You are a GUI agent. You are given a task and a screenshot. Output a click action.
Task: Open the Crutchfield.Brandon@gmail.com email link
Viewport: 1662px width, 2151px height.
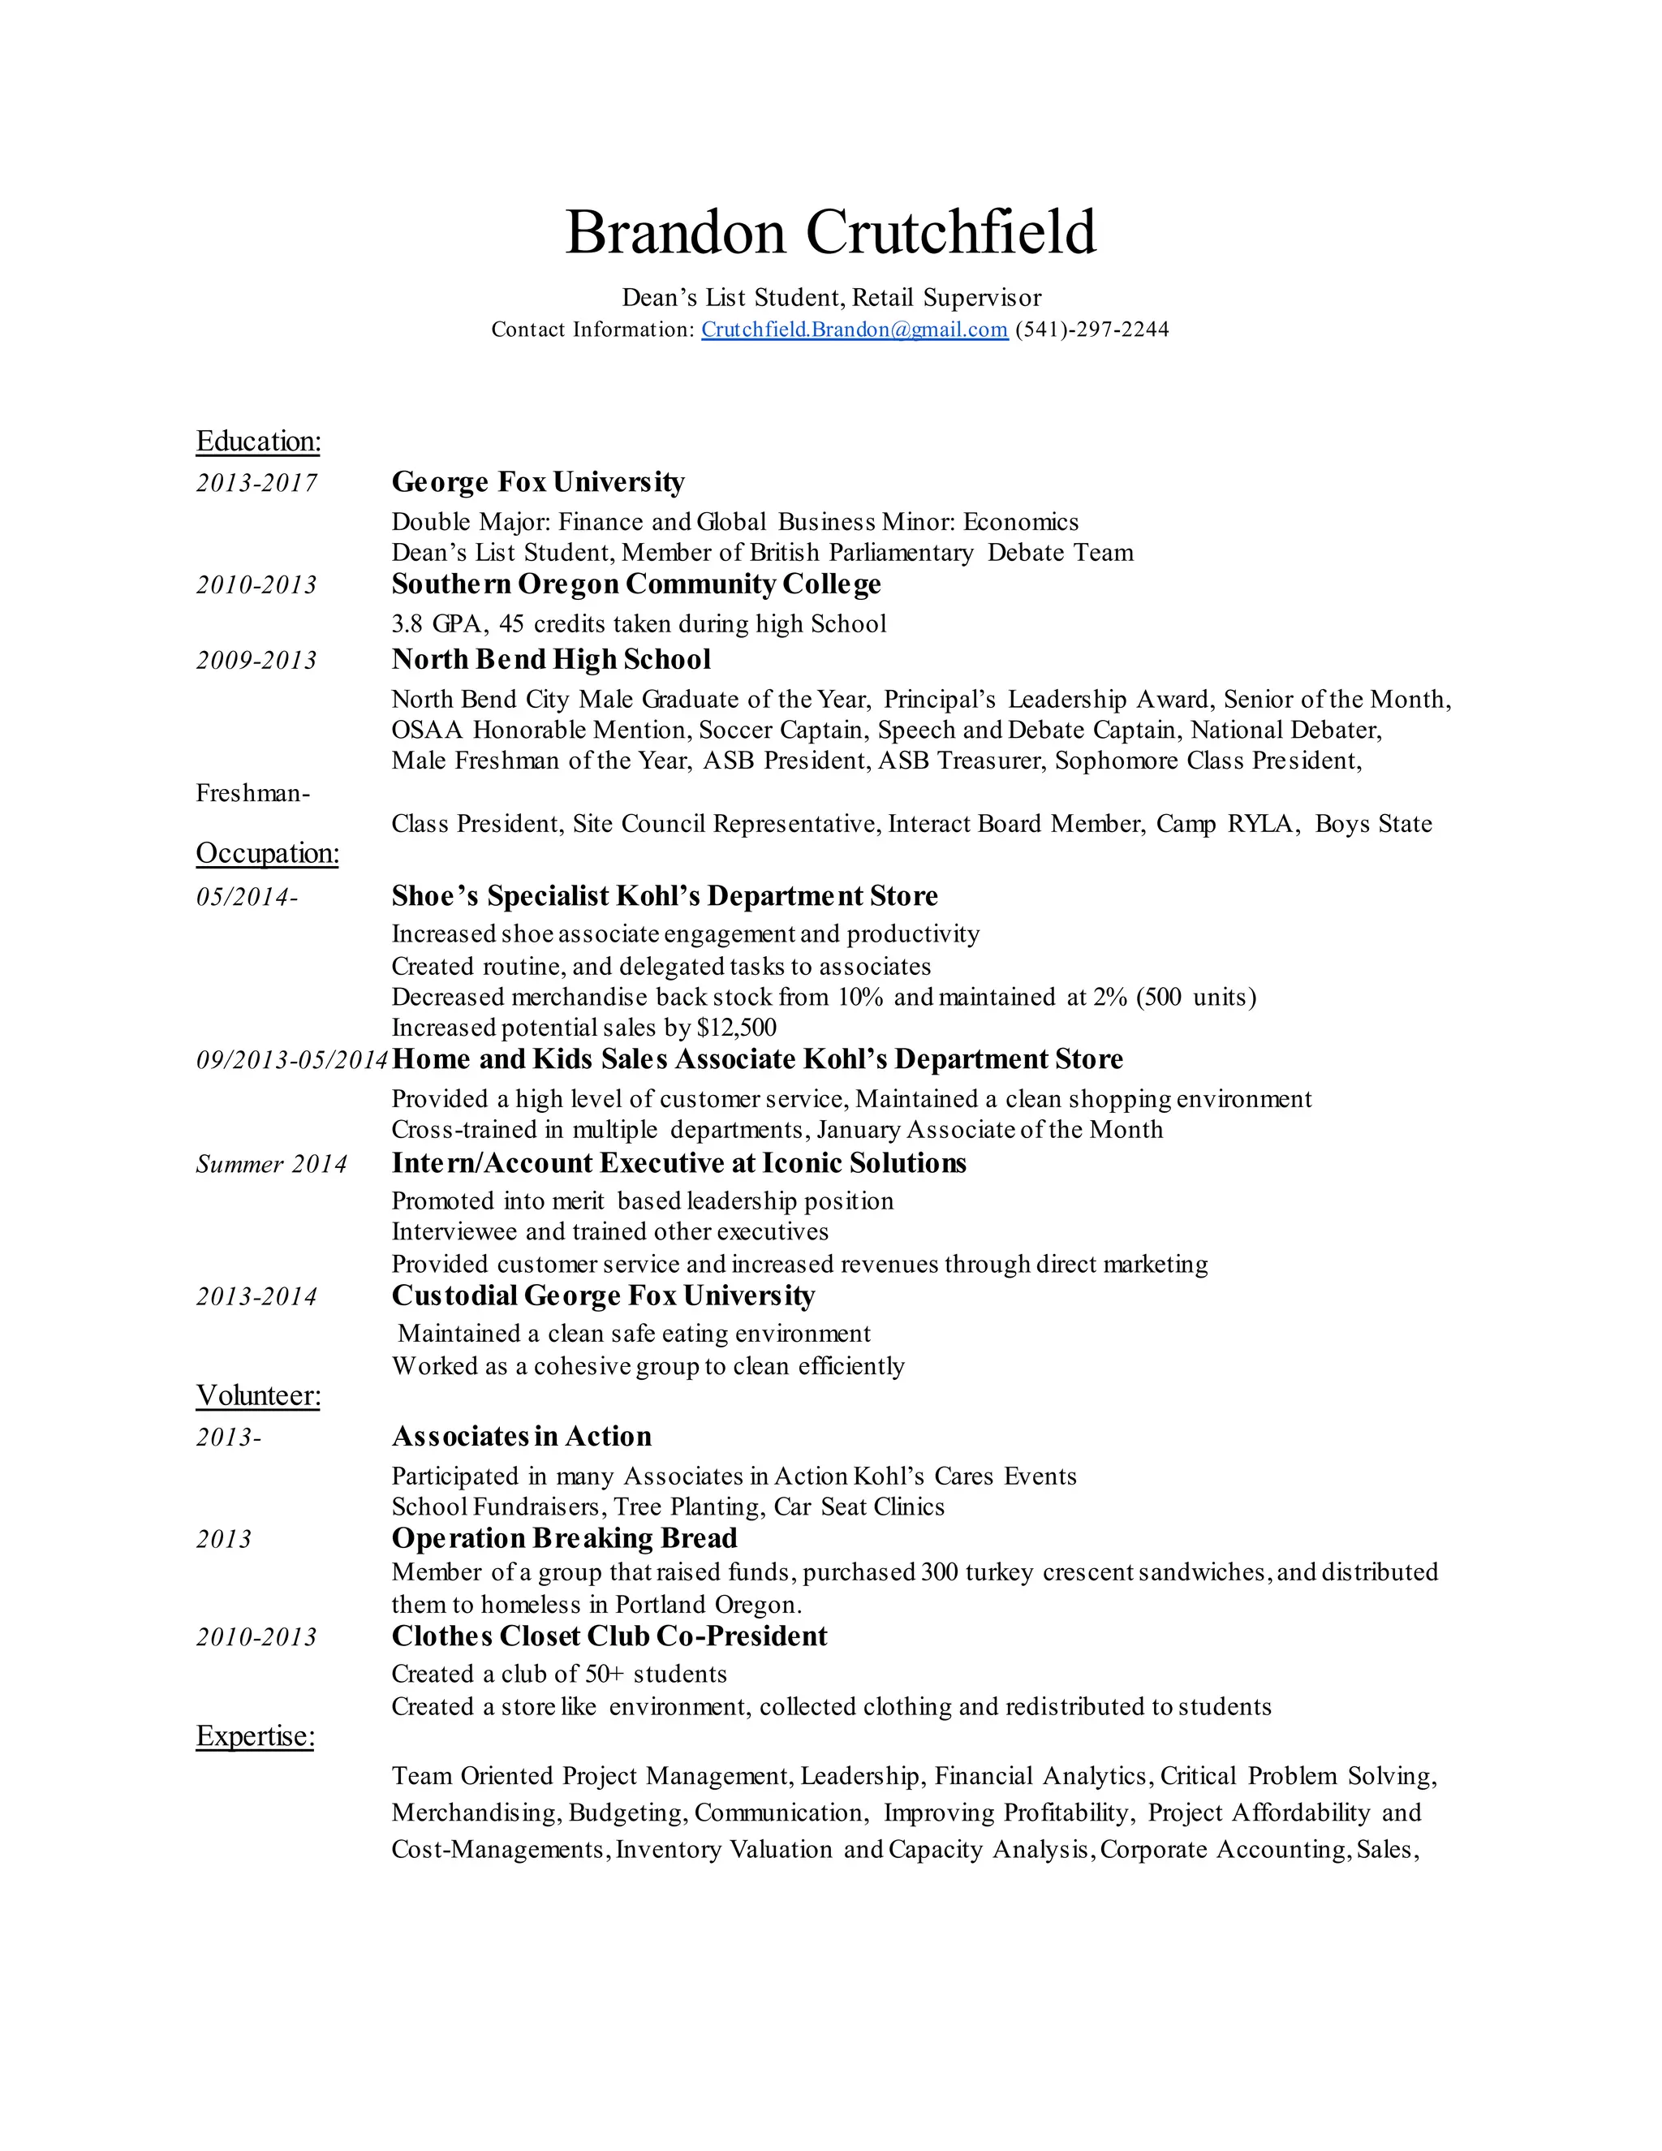point(854,330)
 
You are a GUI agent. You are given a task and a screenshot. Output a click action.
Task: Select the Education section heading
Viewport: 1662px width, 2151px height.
point(258,442)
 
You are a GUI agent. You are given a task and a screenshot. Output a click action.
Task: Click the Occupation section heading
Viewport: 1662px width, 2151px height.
point(267,853)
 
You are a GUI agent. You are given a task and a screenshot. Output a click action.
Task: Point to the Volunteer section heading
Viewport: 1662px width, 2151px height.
point(258,1395)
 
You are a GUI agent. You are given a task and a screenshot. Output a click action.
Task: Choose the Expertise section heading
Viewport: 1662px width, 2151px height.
point(255,1735)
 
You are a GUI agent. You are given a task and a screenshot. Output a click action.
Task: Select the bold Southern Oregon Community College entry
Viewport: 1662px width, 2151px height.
point(636,584)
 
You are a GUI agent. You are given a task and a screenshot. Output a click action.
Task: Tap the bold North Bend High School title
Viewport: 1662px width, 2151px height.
point(550,659)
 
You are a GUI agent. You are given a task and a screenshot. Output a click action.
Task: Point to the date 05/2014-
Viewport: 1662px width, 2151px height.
point(246,896)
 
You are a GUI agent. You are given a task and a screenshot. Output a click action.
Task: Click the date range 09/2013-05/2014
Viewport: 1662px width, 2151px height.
point(291,1060)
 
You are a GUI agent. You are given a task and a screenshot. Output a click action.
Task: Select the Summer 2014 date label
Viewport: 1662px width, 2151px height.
point(271,1164)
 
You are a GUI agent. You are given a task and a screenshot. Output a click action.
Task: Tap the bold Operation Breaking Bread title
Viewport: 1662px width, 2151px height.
point(564,1538)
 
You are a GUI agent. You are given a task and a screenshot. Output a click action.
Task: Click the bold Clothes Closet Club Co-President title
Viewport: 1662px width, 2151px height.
point(609,1636)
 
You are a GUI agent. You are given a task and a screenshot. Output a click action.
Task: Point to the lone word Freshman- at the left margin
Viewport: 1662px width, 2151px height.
point(253,793)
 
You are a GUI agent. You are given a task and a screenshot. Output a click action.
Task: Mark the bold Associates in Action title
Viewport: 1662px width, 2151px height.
point(521,1436)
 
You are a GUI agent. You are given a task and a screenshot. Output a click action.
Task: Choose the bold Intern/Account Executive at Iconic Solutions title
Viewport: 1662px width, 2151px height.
point(678,1163)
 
